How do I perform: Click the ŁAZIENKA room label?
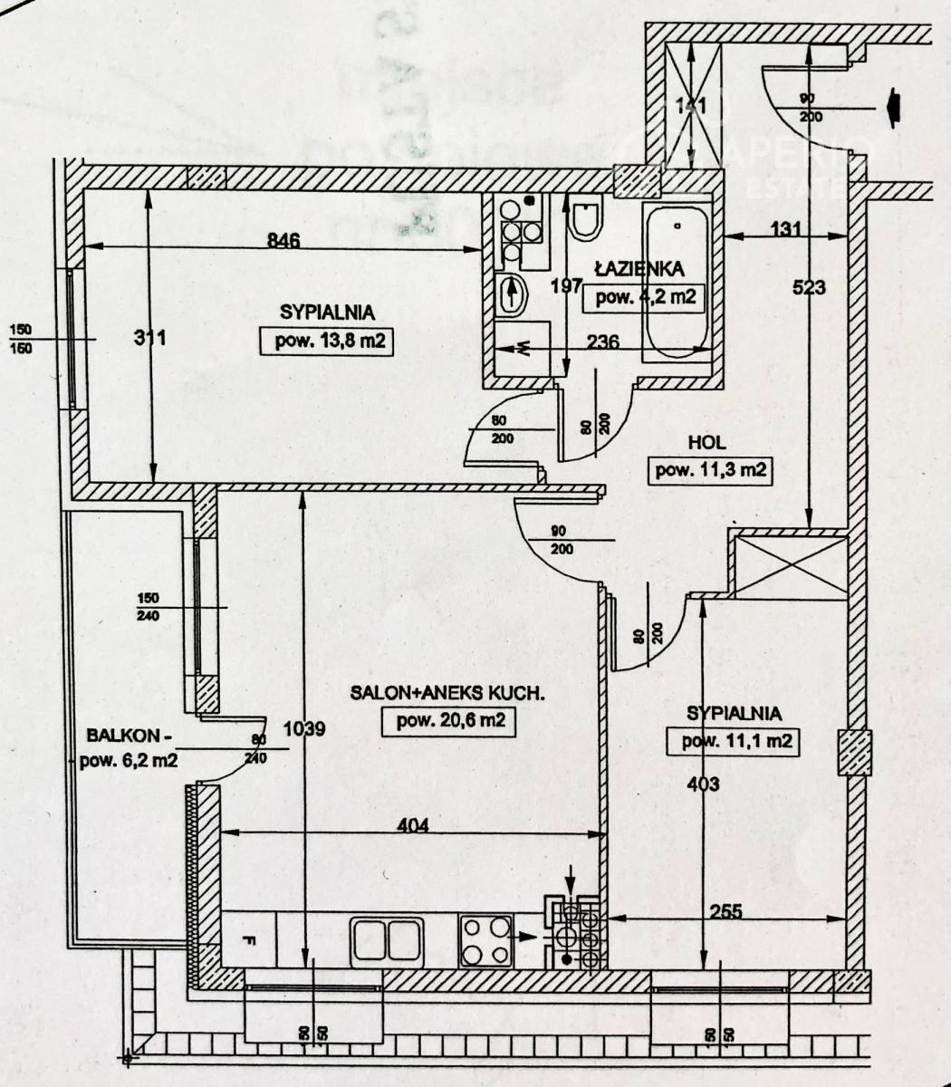pyautogui.click(x=639, y=268)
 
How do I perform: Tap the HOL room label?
pyautogui.click(x=708, y=444)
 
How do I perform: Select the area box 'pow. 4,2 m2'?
pyautogui.click(x=645, y=296)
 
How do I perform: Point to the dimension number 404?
pyautogui.click(x=412, y=825)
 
